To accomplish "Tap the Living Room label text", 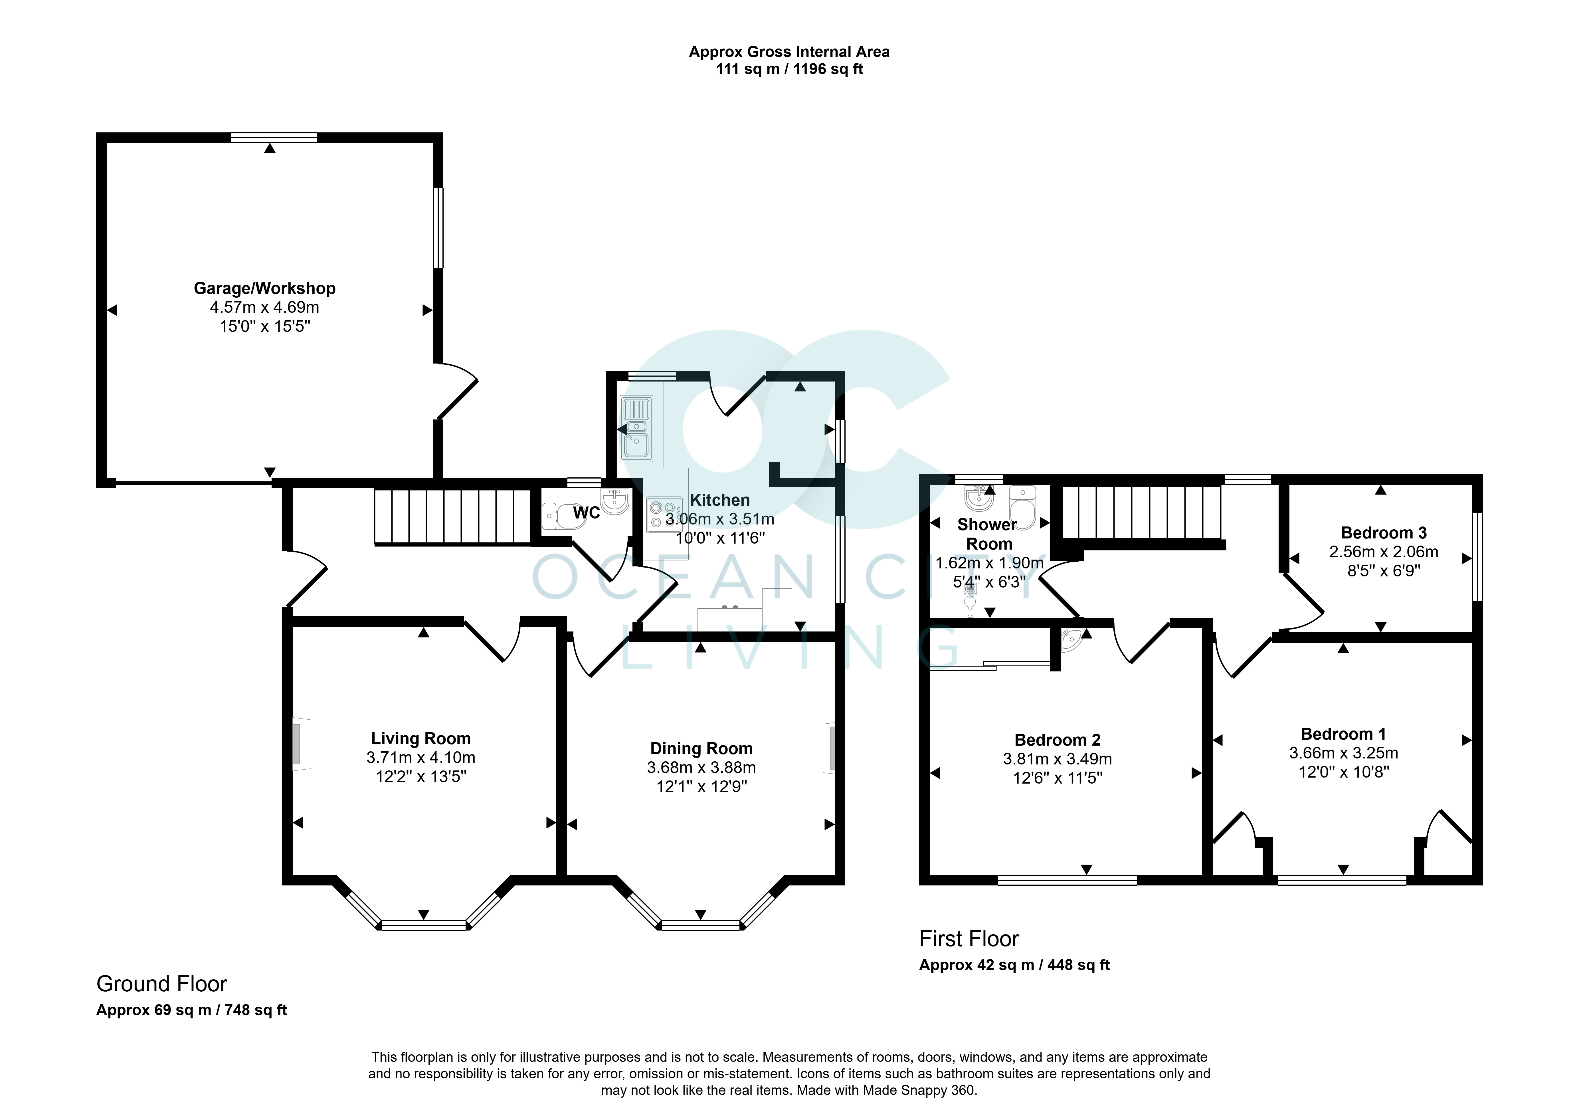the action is click(420, 738).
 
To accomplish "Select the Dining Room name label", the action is click(701, 749).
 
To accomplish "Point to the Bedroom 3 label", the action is click(1384, 533).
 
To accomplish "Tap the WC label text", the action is click(587, 513).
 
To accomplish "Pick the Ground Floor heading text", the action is click(162, 984).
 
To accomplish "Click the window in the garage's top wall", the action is click(274, 137).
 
